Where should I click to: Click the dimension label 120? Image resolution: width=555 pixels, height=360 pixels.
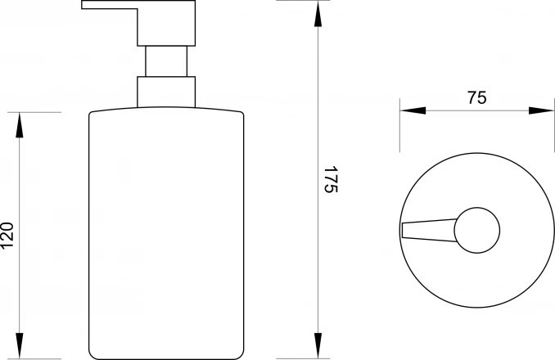(7, 235)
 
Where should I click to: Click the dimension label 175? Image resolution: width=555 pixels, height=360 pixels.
(332, 179)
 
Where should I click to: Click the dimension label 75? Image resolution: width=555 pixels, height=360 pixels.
(477, 97)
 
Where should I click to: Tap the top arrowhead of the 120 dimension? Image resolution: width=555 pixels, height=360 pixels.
(20, 125)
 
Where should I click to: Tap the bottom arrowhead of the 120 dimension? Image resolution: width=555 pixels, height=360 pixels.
(20, 345)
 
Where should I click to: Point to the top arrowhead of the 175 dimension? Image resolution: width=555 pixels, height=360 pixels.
(318, 14)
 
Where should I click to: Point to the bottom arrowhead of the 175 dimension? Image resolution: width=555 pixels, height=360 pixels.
(318, 345)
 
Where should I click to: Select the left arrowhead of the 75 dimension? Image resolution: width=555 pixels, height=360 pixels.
(413, 110)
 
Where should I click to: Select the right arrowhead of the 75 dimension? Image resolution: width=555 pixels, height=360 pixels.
(541, 110)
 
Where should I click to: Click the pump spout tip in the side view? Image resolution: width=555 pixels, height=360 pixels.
(83, 5)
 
